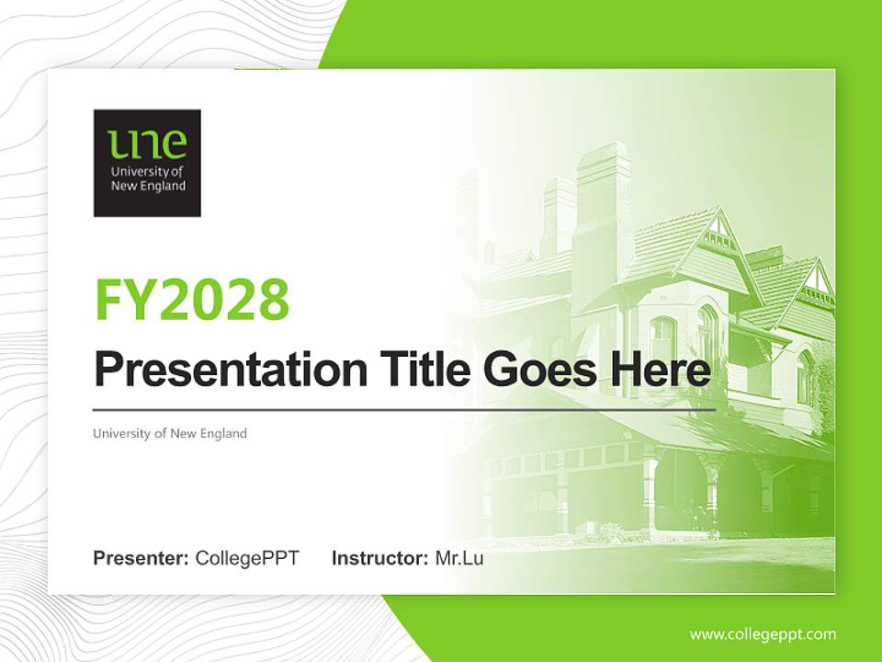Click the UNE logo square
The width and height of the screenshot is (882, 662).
click(x=147, y=164)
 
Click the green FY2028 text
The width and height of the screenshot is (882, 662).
click(x=192, y=300)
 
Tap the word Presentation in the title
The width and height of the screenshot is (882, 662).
click(x=231, y=371)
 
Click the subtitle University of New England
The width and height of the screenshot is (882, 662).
click(x=170, y=433)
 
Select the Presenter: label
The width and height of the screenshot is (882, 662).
click(x=141, y=558)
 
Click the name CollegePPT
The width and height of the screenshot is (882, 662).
click(x=247, y=558)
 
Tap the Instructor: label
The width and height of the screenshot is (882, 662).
click(x=379, y=558)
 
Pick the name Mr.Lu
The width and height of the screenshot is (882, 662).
click(x=458, y=558)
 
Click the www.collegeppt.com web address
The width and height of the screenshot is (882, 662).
click(x=763, y=633)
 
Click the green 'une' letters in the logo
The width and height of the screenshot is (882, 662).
click(x=147, y=144)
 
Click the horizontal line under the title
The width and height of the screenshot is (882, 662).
click(x=404, y=409)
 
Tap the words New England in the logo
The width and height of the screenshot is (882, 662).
click(x=148, y=186)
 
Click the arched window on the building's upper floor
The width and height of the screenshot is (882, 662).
click(x=707, y=331)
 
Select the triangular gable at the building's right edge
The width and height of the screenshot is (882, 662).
click(x=814, y=280)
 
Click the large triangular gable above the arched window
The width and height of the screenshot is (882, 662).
click(x=713, y=234)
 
